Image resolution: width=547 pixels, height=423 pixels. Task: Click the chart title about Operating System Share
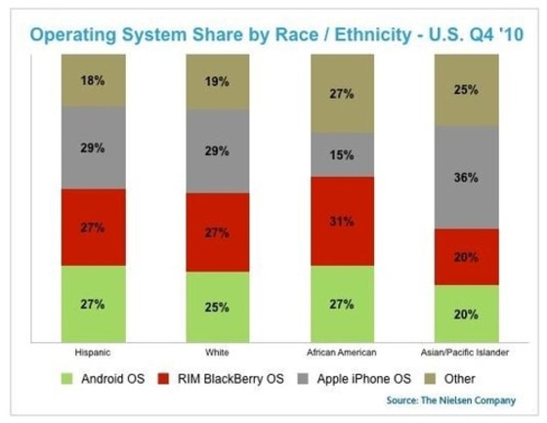(273, 35)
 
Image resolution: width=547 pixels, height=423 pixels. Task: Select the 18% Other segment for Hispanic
(93, 80)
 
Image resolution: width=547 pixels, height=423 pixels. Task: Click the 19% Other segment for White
(218, 83)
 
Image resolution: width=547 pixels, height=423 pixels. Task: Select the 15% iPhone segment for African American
(342, 153)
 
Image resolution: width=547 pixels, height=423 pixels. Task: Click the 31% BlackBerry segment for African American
(342, 221)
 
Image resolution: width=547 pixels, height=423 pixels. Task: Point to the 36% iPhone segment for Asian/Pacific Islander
(467, 177)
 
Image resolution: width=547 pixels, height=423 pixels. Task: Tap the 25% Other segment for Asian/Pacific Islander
(467, 91)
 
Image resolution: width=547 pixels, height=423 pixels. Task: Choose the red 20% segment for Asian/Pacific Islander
(467, 257)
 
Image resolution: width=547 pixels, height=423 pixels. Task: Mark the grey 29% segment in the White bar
(218, 150)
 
